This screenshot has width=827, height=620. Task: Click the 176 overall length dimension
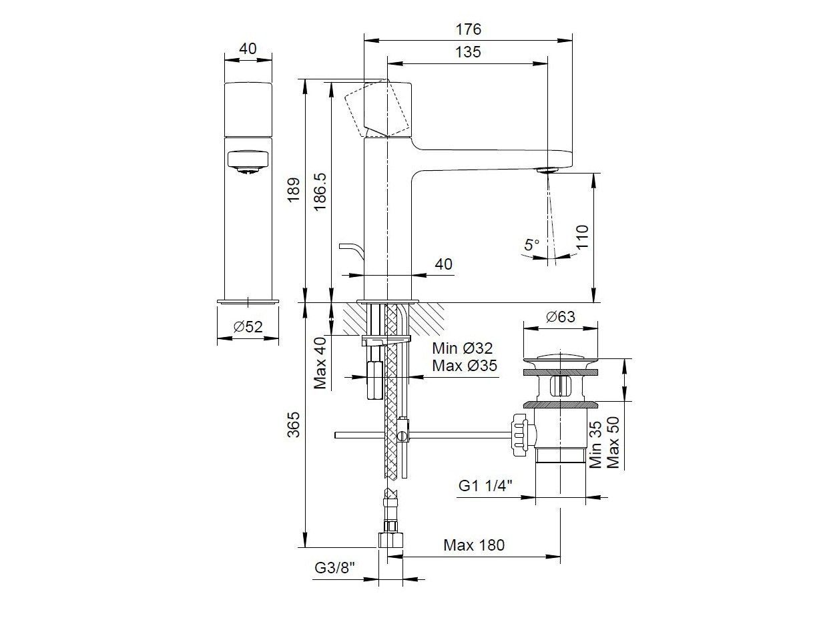pos(468,29)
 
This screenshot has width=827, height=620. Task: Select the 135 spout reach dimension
pos(468,52)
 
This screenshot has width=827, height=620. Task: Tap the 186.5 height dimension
pos(320,191)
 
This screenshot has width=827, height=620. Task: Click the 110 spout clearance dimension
pos(582,238)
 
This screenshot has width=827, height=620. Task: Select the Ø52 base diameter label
pos(248,326)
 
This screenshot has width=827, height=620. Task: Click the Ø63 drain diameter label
pos(560,316)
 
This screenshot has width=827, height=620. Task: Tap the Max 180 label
pos(474,545)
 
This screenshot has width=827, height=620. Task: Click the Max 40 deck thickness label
pos(321,363)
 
